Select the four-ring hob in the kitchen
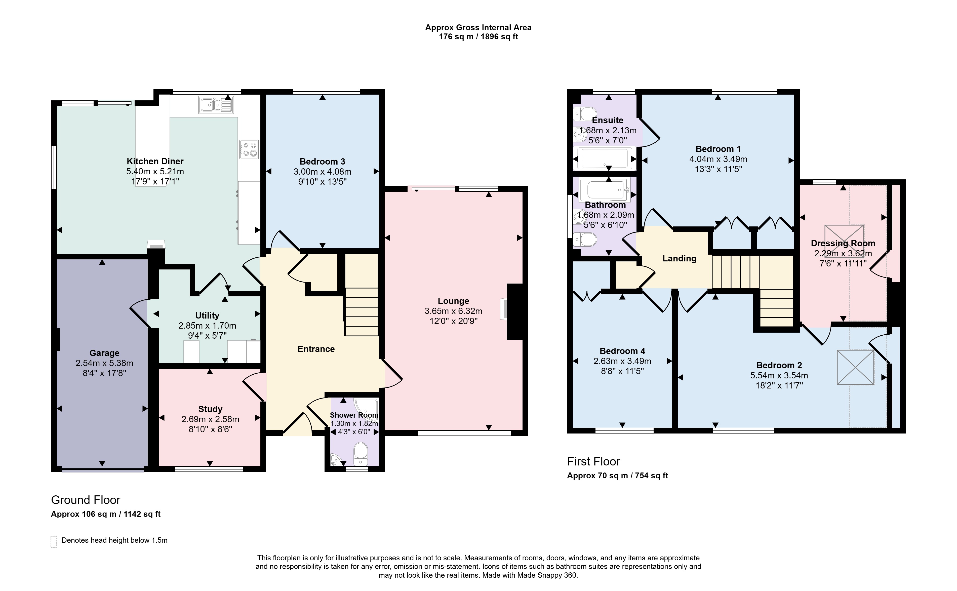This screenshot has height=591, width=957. [249, 149]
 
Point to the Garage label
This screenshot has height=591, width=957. [104, 353]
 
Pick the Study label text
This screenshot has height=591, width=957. [210, 409]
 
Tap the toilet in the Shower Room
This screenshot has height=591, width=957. [360, 454]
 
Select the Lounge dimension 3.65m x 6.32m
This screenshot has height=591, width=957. [453, 311]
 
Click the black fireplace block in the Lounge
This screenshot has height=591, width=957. [515, 311]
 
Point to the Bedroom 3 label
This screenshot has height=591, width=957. [322, 162]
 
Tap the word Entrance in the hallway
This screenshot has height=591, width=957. [316, 349]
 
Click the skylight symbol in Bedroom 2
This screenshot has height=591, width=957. [855, 367]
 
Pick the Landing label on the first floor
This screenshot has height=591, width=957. [680, 258]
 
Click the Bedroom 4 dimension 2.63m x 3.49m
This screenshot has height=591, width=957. [622, 361]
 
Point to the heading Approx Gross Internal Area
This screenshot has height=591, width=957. [478, 27]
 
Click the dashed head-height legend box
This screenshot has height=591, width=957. [54, 542]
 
